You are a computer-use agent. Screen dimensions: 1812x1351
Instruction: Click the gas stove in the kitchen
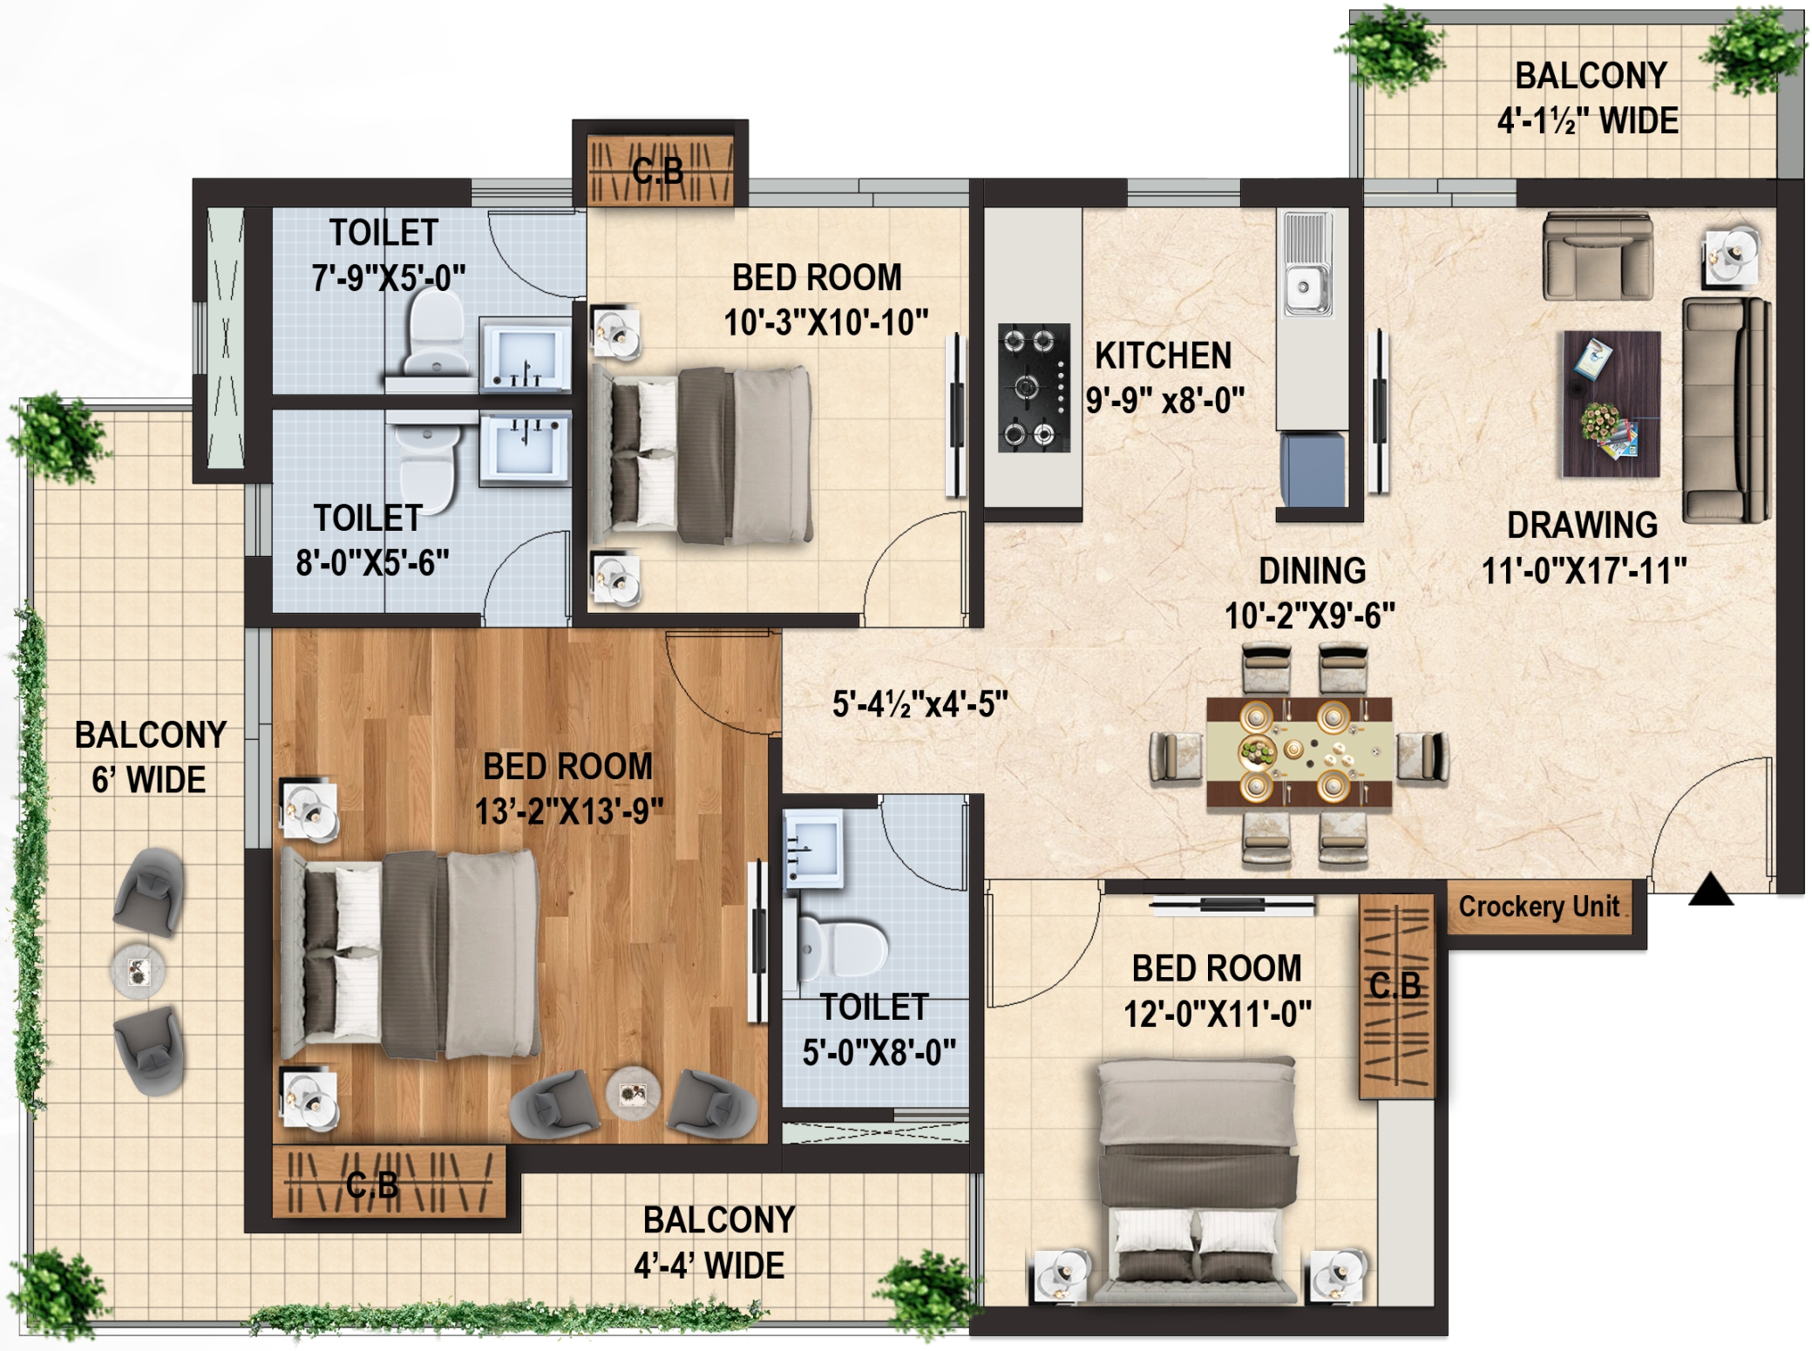point(1034,387)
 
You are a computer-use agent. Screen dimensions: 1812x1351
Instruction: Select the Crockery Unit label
point(1538,906)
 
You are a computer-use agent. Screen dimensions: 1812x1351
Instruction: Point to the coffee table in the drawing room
point(1611,404)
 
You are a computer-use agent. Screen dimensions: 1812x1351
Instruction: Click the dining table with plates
point(1299,750)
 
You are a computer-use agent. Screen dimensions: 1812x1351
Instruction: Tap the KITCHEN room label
point(1163,356)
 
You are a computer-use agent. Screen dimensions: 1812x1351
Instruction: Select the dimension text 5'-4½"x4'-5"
point(920,704)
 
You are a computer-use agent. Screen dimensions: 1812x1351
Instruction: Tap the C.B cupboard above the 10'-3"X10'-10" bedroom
point(660,169)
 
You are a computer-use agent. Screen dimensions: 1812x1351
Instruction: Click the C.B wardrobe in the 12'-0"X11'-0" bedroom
point(1396,996)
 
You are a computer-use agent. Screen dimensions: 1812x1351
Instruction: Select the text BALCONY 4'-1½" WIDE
point(1589,98)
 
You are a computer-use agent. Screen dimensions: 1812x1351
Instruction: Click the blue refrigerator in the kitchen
point(1313,469)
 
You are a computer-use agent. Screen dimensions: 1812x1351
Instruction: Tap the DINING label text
point(1312,571)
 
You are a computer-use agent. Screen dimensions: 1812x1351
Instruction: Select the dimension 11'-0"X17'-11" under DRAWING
point(1584,572)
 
